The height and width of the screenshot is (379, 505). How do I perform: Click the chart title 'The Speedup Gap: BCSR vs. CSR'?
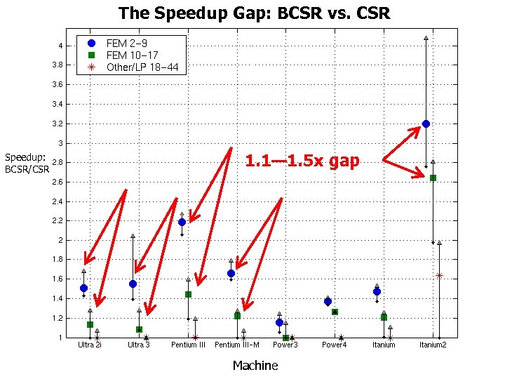[x=254, y=13]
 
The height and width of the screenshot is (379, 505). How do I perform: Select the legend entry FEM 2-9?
[x=126, y=44]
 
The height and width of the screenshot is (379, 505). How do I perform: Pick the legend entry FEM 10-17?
[x=126, y=55]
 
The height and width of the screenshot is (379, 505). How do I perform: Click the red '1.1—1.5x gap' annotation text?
[x=302, y=161]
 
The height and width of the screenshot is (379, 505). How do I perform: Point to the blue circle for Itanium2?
[x=426, y=124]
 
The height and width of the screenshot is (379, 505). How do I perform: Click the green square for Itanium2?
[x=433, y=178]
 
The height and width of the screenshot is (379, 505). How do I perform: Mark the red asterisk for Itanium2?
[x=439, y=275]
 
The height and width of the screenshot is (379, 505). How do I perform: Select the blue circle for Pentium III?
[x=182, y=222]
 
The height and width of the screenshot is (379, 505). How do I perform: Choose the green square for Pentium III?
[x=188, y=294]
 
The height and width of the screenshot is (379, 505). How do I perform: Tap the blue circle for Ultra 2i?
[x=83, y=288]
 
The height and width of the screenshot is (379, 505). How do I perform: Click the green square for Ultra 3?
[x=139, y=329]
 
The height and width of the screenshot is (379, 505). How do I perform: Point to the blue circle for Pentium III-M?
[x=231, y=273]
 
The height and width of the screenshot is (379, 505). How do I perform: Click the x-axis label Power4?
[x=335, y=345]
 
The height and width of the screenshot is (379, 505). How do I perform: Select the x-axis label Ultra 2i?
[x=90, y=345]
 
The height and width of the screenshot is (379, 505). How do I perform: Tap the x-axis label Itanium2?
[x=433, y=345]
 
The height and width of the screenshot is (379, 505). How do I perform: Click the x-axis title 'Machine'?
[x=255, y=365]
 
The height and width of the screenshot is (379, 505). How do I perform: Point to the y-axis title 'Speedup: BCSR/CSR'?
[x=27, y=163]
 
